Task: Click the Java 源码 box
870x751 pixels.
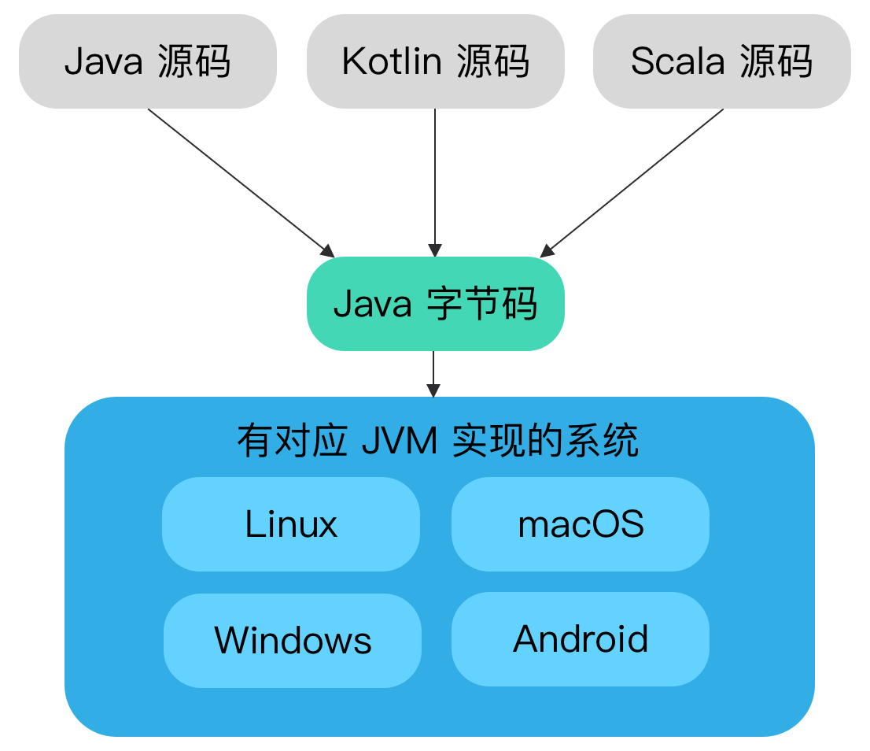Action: pos(148,62)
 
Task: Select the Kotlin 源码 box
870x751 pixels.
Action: pos(435,62)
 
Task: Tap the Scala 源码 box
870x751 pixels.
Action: pos(721,62)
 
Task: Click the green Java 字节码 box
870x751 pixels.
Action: pos(435,304)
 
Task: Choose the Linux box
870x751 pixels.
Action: pos(291,524)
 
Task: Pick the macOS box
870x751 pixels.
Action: pos(581,524)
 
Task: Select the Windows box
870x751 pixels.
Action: pos(293,640)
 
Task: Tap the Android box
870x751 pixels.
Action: pos(581,639)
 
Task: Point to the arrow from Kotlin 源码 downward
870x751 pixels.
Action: pos(435,181)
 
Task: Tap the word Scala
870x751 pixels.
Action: pos(677,62)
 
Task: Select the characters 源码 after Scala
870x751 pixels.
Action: pos(776,62)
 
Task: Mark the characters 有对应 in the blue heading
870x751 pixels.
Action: pos(292,442)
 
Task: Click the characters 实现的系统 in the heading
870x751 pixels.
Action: pos(545,442)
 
